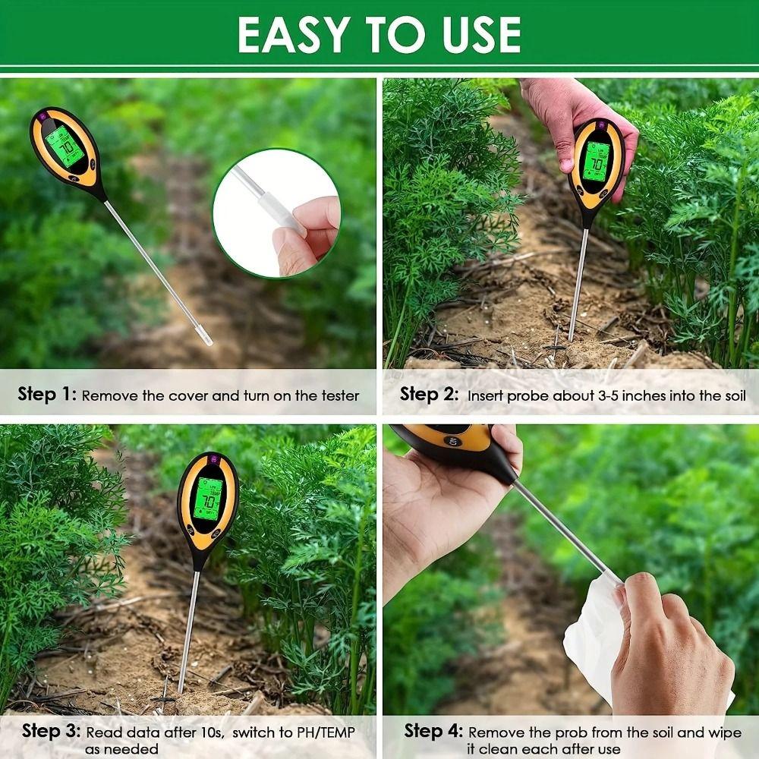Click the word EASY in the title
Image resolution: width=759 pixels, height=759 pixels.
(x=291, y=34)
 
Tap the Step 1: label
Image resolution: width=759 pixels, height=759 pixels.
(x=47, y=395)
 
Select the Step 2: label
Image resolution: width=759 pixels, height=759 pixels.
(x=430, y=395)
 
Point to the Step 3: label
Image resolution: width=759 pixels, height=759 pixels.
(x=51, y=732)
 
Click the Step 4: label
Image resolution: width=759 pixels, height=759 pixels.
(x=433, y=732)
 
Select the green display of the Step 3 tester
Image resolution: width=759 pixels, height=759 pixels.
(x=206, y=496)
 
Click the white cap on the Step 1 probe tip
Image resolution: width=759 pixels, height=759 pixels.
(x=204, y=335)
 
